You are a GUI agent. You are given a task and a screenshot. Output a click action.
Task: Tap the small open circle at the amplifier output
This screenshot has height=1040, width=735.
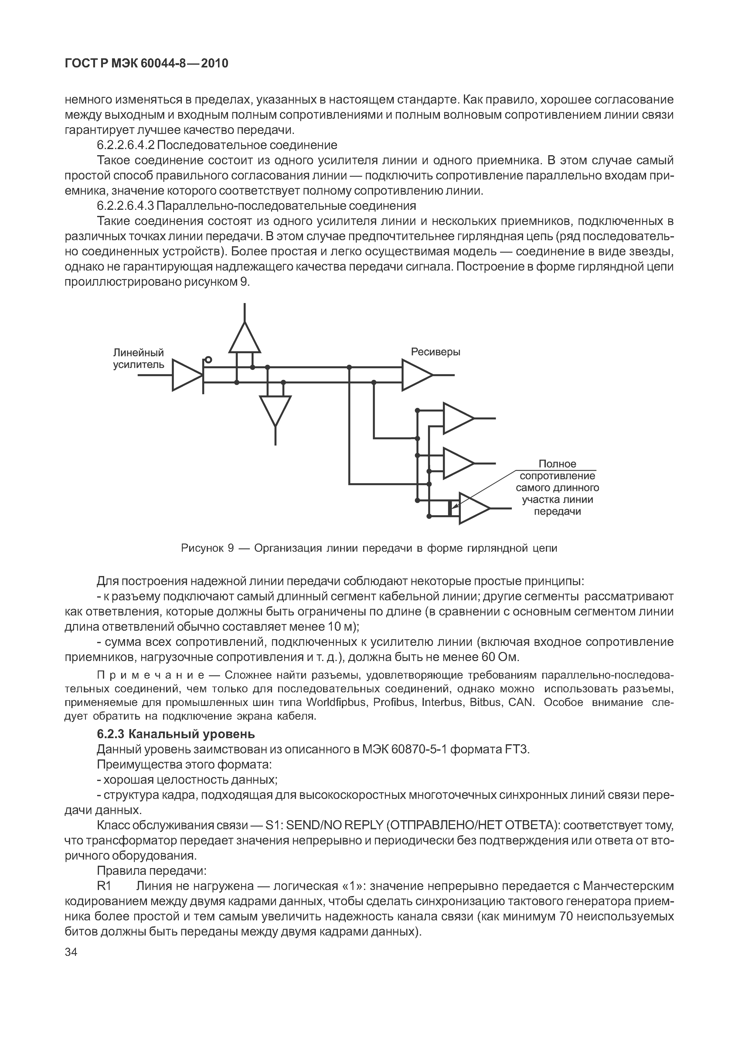(208, 360)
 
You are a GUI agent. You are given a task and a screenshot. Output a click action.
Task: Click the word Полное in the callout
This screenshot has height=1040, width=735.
(557, 464)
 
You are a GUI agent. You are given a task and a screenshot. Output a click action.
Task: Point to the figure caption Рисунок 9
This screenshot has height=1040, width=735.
(207, 548)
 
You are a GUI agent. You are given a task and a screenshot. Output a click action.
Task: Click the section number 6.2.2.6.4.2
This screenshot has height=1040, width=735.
(125, 145)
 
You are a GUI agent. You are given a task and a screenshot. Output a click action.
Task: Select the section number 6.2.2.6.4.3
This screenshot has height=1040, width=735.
(125, 206)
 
